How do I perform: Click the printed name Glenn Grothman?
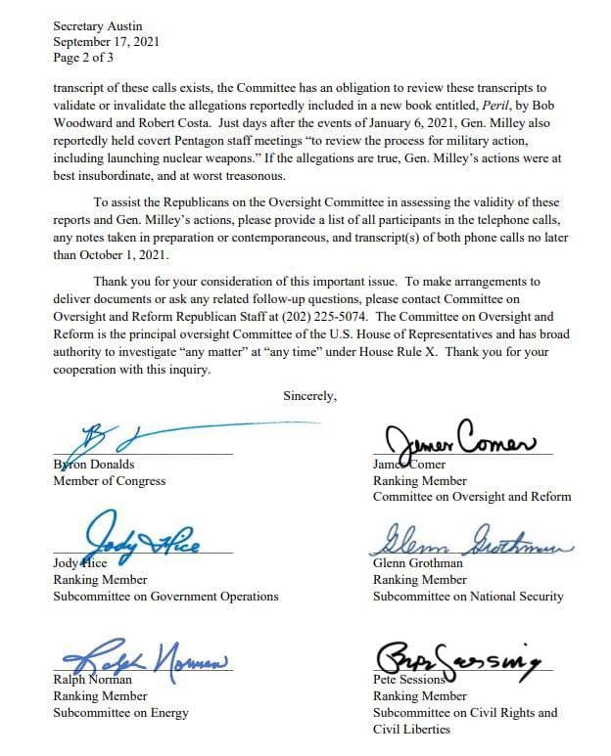pos(419,563)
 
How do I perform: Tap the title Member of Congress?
pos(109,481)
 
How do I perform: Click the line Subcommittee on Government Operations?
pos(165,596)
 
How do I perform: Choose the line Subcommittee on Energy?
pos(120,712)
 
